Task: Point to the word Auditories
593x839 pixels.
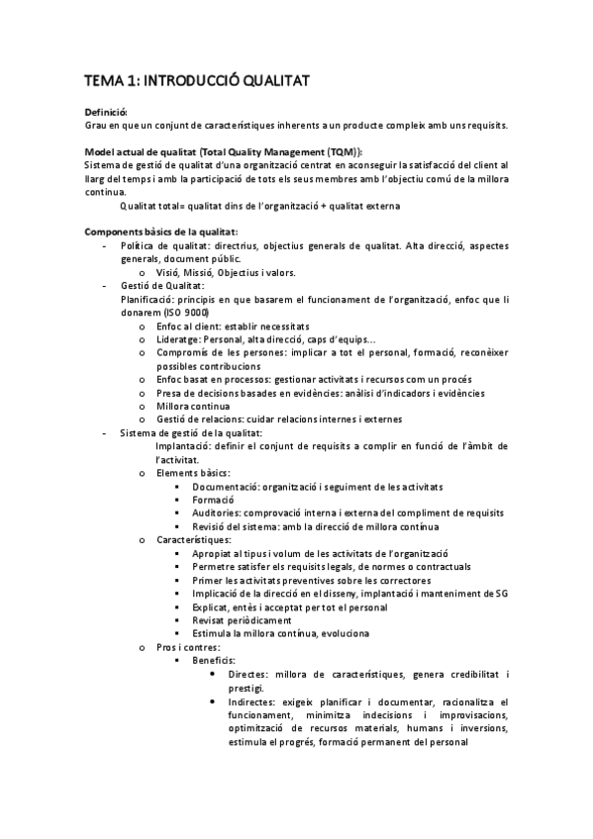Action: click(219, 513)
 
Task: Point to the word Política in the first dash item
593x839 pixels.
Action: click(138, 244)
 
